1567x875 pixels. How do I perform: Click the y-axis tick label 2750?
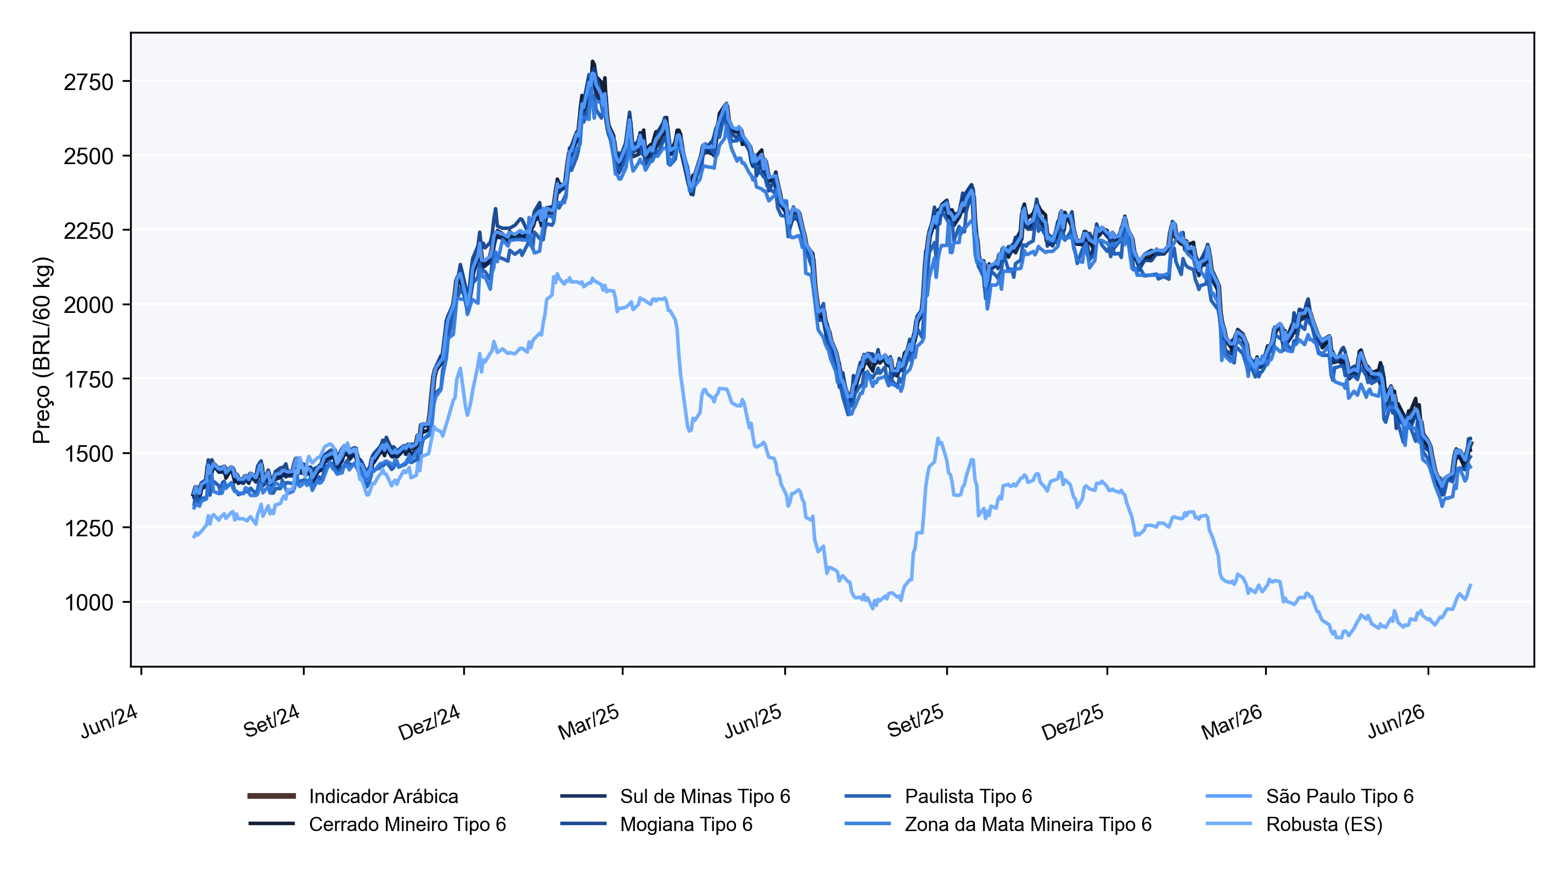coord(88,82)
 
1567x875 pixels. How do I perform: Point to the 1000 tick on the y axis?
coord(88,602)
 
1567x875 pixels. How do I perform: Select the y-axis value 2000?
coord(88,305)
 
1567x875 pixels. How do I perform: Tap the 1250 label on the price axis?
coord(88,528)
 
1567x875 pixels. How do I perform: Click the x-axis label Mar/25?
coord(588,722)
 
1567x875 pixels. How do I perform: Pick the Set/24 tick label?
coord(271,720)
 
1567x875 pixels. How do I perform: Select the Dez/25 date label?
coord(1072,722)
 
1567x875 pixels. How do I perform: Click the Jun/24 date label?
coord(109,721)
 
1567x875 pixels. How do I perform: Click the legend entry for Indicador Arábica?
coord(383,796)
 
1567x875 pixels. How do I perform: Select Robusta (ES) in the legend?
coord(1324,824)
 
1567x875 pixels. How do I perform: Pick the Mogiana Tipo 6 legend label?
coord(686,824)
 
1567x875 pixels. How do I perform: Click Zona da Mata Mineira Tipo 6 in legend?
coord(1028,824)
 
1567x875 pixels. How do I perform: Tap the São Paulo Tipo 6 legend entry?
coord(1339,796)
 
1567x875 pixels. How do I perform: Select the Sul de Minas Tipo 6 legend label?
coord(705,796)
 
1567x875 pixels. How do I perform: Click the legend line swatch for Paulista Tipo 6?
coord(867,796)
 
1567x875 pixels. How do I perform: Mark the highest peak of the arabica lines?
coord(592,61)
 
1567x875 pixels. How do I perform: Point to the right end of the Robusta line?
coord(1471,585)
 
